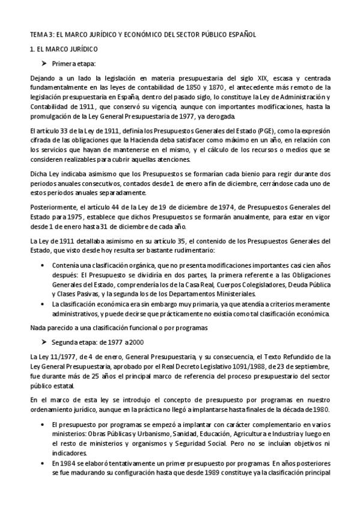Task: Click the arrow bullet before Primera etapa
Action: (x=43, y=63)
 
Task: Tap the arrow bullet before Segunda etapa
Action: (x=43, y=342)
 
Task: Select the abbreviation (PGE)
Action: (x=248, y=131)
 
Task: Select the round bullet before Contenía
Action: (x=41, y=265)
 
